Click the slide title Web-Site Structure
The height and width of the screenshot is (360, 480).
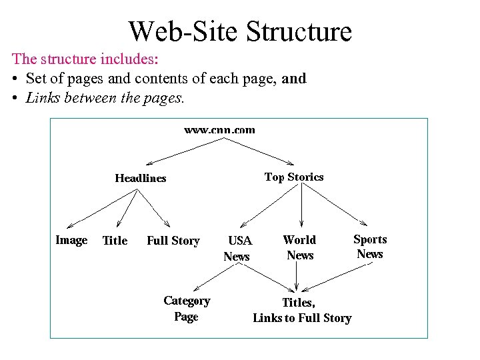click(x=240, y=31)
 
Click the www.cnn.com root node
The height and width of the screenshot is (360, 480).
click(x=219, y=129)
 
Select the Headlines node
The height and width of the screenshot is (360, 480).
click(x=141, y=178)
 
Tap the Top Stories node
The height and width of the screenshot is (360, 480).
click(x=294, y=177)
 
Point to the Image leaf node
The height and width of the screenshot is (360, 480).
click(x=71, y=240)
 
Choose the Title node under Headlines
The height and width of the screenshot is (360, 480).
click(x=115, y=241)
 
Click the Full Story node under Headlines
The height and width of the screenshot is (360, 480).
click(x=173, y=241)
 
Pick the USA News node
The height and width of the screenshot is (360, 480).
click(x=237, y=248)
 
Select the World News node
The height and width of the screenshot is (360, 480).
click(x=300, y=247)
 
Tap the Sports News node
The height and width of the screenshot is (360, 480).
click(x=370, y=247)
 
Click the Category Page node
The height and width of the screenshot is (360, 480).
click(x=187, y=309)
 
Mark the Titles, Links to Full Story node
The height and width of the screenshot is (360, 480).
click(x=301, y=311)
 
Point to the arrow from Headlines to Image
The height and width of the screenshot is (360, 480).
click(x=101, y=209)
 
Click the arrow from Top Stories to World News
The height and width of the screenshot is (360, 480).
click(x=302, y=206)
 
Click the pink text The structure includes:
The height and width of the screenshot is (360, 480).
click(x=85, y=59)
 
